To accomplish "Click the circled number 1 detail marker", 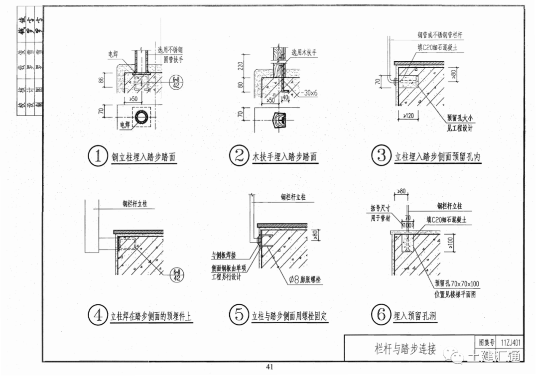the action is [98, 156].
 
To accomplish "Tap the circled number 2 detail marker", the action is [239, 156].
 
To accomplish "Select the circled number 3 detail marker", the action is [382, 155].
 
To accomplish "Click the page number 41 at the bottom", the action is [269, 368].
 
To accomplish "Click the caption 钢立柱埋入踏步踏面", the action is [144, 157].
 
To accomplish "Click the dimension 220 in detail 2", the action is [241, 65].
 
